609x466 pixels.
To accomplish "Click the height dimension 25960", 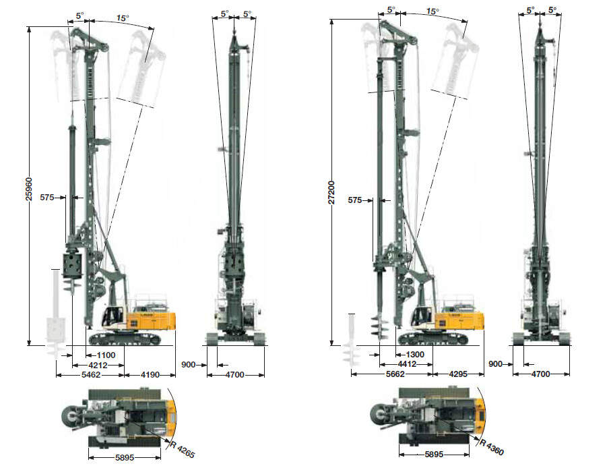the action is point(29,189).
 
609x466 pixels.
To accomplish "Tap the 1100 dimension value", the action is point(106,355).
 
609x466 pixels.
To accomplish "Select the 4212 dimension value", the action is point(98,365).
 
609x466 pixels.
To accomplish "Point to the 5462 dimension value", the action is point(90,375).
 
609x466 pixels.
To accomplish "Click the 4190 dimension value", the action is point(150,375).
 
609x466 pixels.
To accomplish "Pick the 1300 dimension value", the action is point(415,355).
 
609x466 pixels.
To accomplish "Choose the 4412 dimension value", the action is point(406,364).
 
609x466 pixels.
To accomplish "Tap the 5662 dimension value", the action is point(395,374).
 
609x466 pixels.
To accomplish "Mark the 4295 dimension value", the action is point(458,374).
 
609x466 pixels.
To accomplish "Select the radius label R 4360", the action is point(492,447).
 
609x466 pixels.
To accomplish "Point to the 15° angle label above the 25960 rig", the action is point(123,18).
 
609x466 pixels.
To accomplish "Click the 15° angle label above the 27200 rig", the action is point(432,11).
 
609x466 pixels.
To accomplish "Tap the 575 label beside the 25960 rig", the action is point(47,198).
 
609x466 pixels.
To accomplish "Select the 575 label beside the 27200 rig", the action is point(354,200).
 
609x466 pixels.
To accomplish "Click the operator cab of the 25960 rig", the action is point(113,316).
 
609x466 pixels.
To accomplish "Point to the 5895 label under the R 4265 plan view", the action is point(125,457).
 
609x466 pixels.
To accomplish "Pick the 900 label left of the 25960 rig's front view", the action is point(189,365).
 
